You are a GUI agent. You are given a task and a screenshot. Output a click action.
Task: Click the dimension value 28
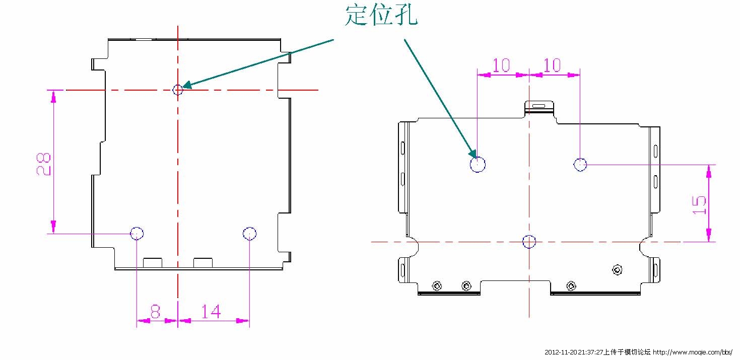(44, 164)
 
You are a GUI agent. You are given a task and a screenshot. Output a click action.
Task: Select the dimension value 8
(155, 312)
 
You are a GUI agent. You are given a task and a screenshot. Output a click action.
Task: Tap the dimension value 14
(211, 312)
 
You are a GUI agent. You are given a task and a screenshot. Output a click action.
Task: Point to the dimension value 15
(699, 205)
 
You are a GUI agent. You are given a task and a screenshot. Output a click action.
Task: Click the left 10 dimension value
(501, 65)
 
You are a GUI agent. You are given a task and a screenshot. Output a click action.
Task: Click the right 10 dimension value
(552, 65)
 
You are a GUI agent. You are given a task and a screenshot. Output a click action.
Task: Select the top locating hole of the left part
(177, 90)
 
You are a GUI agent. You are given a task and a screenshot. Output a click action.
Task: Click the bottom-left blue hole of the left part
(137, 233)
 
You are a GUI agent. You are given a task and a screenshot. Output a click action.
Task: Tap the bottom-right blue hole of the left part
(249, 233)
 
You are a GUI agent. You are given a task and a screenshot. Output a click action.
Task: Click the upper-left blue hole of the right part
(478, 164)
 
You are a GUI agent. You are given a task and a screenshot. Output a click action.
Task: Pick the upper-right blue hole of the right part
(580, 164)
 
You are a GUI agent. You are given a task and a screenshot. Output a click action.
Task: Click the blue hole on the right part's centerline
(529, 242)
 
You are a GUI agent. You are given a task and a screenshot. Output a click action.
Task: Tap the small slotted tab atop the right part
(539, 106)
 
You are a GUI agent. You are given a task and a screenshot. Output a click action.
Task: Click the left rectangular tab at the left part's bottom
(153, 262)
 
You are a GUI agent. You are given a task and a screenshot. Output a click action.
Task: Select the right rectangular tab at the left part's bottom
(203, 262)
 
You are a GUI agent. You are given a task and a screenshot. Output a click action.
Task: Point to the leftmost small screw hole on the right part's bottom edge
(437, 286)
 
